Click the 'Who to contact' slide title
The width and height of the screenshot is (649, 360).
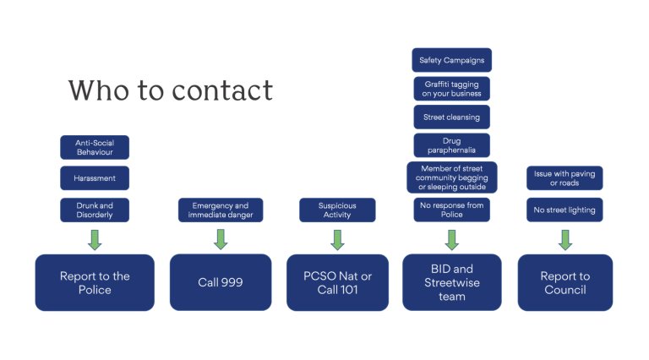coord(171,90)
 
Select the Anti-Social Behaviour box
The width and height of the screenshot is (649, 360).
coord(95,148)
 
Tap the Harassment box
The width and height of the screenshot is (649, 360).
coord(95,177)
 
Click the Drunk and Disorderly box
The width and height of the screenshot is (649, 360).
coord(95,210)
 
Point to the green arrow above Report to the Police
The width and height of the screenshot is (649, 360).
coord(95,239)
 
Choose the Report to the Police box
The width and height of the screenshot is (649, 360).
coord(95,282)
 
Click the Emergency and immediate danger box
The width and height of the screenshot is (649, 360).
coord(221,210)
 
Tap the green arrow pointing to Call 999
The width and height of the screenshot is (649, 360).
coord(221,239)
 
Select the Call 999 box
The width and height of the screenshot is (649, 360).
coord(221,282)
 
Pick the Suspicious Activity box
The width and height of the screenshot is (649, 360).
coord(337,210)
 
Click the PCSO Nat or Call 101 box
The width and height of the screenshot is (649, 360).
coord(337,282)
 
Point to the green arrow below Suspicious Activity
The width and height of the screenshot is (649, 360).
coord(337,239)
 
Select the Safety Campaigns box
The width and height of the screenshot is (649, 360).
coord(451,60)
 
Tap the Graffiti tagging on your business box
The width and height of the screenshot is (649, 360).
coord(451,89)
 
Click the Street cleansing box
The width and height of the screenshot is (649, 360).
coord(451,117)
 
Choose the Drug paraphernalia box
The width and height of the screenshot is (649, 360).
coord(451,146)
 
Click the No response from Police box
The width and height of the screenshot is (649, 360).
coord(451,210)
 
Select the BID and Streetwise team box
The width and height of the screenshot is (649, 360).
coord(451,282)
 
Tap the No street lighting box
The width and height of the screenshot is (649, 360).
coord(564,210)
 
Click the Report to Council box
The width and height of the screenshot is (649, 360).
coord(564,282)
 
